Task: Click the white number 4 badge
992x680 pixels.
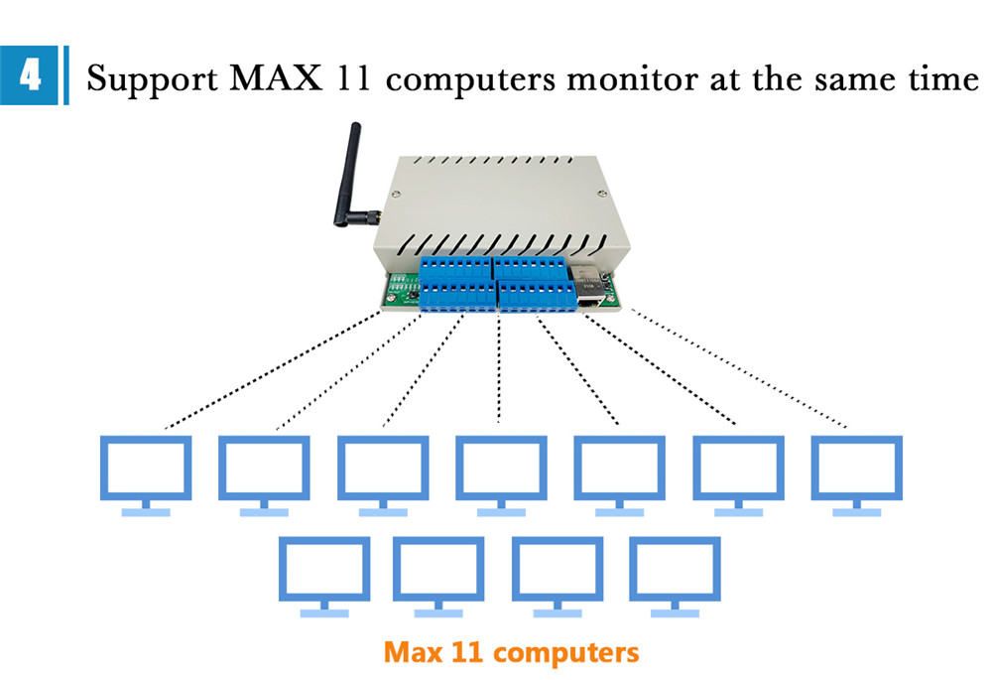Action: [30, 75]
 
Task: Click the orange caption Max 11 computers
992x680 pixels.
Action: [511, 652]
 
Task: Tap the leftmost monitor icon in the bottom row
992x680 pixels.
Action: [323, 574]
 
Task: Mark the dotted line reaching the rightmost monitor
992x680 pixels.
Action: [739, 370]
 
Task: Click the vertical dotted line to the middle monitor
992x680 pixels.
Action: [499, 367]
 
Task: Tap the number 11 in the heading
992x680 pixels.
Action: [353, 77]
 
